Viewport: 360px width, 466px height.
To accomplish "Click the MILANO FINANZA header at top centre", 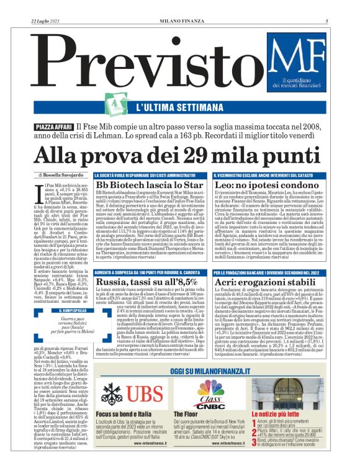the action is [180, 21].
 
